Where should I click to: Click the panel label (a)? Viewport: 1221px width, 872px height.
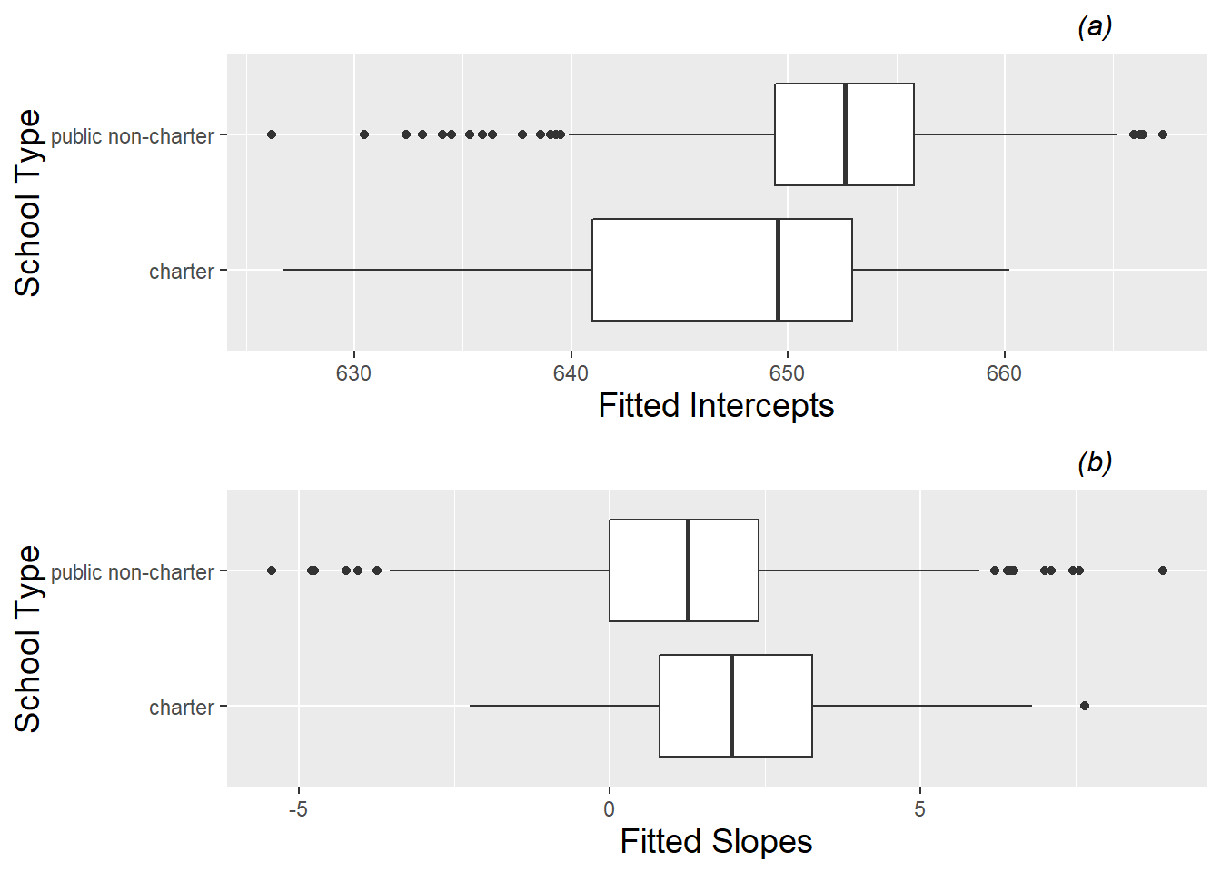point(1095,26)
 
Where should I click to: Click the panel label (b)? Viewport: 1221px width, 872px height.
point(1095,462)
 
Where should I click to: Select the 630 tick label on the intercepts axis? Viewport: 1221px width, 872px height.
point(353,373)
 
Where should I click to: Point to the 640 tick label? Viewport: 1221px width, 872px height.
point(571,373)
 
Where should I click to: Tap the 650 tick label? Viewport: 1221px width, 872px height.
point(787,373)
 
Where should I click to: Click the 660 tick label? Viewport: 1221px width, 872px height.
point(1004,373)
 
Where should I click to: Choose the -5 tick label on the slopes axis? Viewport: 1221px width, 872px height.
point(298,809)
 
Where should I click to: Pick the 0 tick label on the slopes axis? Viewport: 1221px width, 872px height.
point(609,809)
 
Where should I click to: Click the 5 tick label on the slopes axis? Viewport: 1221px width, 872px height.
point(919,809)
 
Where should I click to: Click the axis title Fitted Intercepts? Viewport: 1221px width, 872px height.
point(716,406)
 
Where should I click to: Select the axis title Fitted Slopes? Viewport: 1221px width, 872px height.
point(716,842)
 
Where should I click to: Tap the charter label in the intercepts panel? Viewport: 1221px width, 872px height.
point(181,272)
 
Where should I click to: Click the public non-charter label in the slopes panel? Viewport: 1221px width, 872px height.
point(133,572)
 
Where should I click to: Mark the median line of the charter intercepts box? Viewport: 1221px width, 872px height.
point(779,270)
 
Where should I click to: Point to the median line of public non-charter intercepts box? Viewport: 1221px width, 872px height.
point(846,134)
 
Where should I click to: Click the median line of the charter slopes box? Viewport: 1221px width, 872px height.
point(731,706)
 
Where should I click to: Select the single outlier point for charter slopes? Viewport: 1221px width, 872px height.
point(1084,706)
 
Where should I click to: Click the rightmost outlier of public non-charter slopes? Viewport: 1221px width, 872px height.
point(1163,570)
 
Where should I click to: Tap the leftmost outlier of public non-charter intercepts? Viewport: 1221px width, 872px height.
point(272,134)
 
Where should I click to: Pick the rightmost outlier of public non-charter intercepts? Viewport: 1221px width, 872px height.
point(1163,134)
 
